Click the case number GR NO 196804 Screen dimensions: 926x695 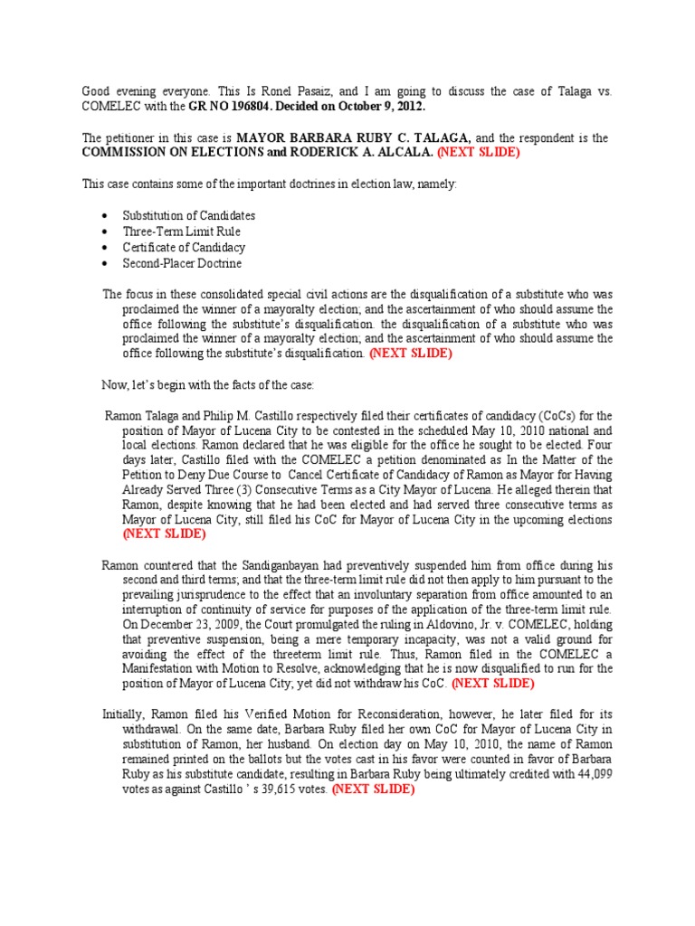[x=235, y=106]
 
